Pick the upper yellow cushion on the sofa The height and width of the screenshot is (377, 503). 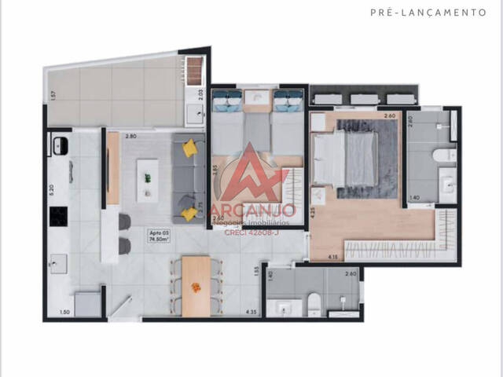(189, 148)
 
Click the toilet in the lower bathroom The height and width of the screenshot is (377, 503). (314, 302)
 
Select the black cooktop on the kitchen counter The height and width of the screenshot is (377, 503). (57, 215)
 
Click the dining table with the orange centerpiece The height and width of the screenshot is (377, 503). (196, 286)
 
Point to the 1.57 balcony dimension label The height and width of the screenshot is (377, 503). (53, 96)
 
